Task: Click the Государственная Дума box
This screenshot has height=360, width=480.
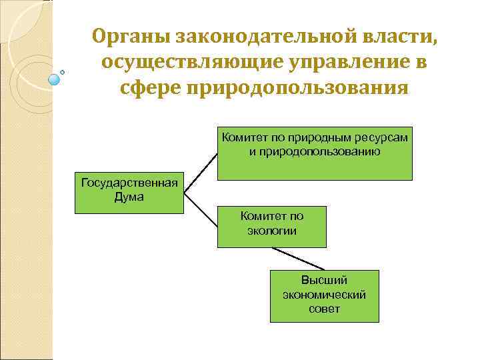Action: (x=129, y=193)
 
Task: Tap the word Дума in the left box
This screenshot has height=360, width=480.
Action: (x=129, y=197)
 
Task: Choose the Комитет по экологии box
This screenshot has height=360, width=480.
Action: (x=272, y=227)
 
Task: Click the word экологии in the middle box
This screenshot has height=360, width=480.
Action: (x=272, y=231)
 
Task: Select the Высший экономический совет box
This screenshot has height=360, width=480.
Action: (x=325, y=296)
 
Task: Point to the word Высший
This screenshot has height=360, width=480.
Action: (x=325, y=281)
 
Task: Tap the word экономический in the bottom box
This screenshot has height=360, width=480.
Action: (x=325, y=295)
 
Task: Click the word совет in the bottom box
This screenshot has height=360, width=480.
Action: (x=325, y=309)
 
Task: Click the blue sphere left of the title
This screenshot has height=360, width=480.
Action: (x=55, y=79)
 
